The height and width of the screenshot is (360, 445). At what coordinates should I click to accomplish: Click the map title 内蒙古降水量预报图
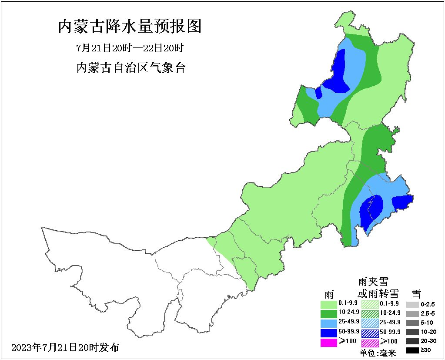130,27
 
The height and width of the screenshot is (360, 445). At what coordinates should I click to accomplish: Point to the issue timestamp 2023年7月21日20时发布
65,347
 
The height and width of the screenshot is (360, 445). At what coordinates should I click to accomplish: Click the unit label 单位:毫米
378,353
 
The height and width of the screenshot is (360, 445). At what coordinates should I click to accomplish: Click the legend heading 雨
328,293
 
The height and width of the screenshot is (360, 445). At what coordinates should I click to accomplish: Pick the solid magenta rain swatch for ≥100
328,342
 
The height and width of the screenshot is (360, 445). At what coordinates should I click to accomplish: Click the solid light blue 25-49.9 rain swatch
328,323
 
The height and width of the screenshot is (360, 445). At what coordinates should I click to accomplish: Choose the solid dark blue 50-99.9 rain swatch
328,333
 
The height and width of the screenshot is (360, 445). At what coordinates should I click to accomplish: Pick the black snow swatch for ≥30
412,350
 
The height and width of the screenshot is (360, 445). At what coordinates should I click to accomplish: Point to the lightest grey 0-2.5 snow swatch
412,304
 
